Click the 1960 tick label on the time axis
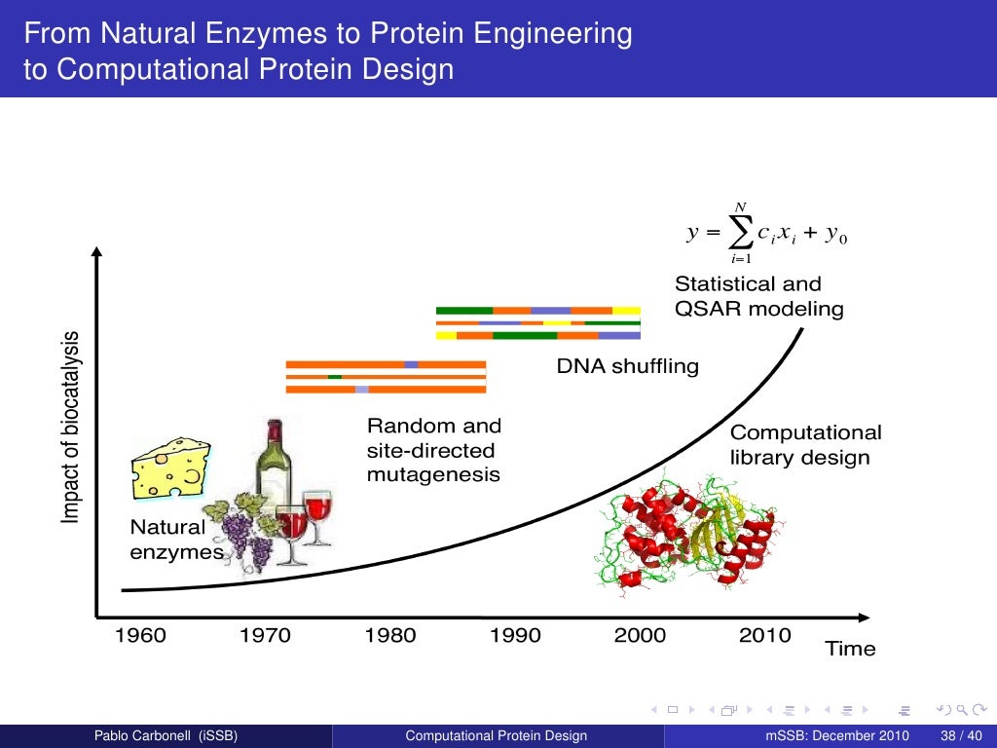click(x=140, y=636)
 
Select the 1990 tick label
click(x=515, y=636)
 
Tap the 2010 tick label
click(x=764, y=636)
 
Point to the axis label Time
click(x=850, y=649)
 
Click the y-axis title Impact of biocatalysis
click(x=71, y=428)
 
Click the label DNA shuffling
click(x=627, y=367)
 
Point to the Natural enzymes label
click(x=176, y=540)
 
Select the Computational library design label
click(x=805, y=444)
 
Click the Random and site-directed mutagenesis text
click(x=433, y=450)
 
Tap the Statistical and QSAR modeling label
click(x=758, y=296)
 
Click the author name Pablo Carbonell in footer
click(x=165, y=735)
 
